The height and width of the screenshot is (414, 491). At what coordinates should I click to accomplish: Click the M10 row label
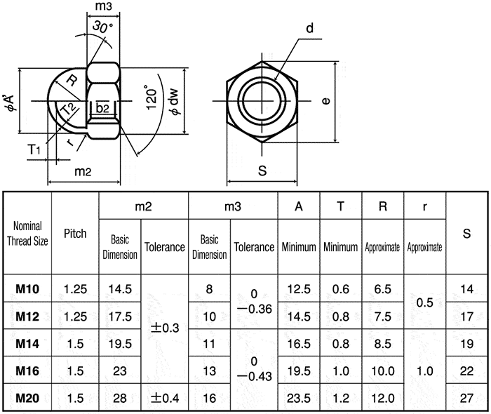pyautogui.click(x=27, y=288)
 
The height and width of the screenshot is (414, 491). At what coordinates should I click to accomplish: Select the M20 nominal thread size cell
pyautogui.click(x=27, y=398)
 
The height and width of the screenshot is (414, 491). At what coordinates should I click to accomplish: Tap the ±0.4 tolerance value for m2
pyautogui.click(x=164, y=398)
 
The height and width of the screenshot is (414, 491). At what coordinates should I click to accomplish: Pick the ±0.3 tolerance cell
pyautogui.click(x=164, y=328)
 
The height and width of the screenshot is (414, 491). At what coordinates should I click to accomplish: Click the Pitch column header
pyautogui.click(x=75, y=233)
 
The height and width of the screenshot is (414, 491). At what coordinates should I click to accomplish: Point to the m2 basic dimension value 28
pyautogui.click(x=120, y=398)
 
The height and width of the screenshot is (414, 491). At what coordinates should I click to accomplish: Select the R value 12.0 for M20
pyautogui.click(x=383, y=398)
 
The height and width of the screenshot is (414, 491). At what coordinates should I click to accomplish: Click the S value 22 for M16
pyautogui.click(x=466, y=370)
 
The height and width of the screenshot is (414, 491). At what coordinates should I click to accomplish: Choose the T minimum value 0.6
pyautogui.click(x=341, y=288)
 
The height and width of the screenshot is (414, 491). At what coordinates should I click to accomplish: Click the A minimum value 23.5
pyautogui.click(x=299, y=398)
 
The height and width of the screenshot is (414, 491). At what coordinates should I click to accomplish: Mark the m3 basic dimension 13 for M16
pyautogui.click(x=209, y=370)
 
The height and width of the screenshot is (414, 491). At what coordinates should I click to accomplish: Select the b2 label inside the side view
pyautogui.click(x=102, y=107)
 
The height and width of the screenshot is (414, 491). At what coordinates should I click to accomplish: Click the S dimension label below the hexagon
pyautogui.click(x=262, y=170)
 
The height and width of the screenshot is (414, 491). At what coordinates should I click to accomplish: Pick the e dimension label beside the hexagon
pyautogui.click(x=325, y=101)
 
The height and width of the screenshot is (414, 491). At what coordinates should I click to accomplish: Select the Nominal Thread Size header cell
pyautogui.click(x=27, y=234)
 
